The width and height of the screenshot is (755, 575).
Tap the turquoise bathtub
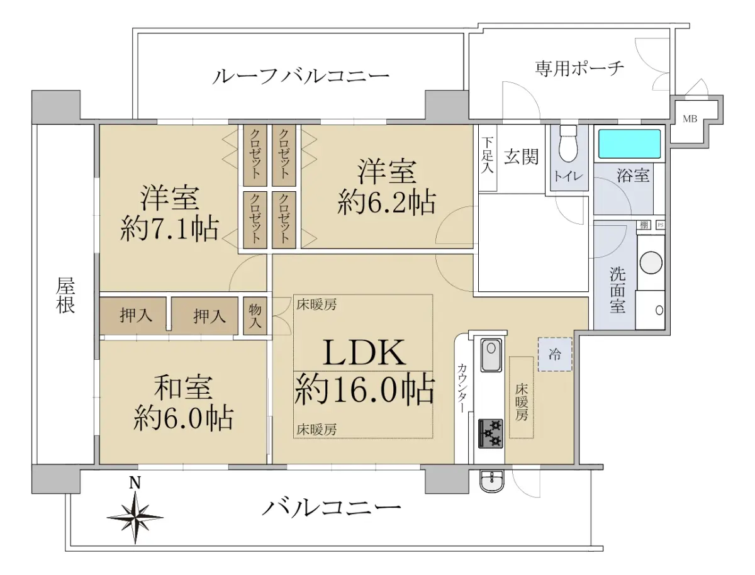[x=629, y=143]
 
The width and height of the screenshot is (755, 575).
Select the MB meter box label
[x=690, y=119]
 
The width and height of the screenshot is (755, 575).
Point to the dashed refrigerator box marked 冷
[x=555, y=354]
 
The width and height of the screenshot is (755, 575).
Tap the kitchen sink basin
[x=491, y=355]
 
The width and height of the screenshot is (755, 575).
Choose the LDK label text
[x=364, y=353]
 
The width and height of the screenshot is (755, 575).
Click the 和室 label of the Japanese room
[x=182, y=387]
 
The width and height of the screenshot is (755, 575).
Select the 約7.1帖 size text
[x=169, y=227]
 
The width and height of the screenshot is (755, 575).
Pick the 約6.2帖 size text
[x=386, y=202]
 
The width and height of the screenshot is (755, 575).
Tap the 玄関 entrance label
[x=521, y=157]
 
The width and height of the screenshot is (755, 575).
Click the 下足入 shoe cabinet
[x=488, y=158]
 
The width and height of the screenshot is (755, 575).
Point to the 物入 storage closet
[x=255, y=316]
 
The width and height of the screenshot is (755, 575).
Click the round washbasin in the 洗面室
[x=651, y=263]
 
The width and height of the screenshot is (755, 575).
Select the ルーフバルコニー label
[x=300, y=76]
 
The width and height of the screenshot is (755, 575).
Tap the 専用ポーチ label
[x=579, y=68]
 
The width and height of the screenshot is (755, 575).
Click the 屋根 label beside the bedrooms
[x=65, y=296]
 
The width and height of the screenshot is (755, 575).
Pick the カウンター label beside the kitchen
[x=462, y=388]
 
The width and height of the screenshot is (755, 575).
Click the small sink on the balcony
[x=491, y=481]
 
